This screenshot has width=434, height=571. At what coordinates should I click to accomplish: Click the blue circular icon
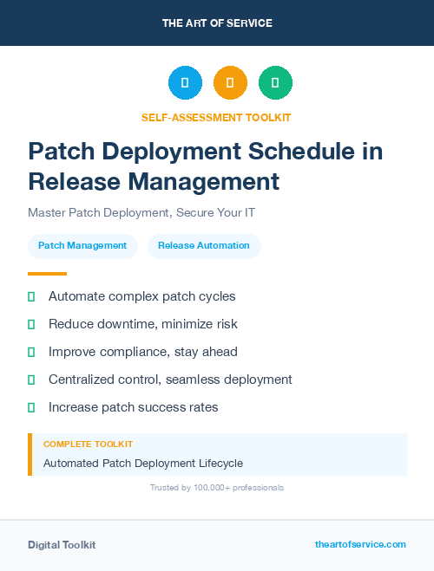coord(185,83)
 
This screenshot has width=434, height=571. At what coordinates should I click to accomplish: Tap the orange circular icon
coord(230,83)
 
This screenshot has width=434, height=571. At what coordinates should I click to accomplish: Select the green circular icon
coord(275,83)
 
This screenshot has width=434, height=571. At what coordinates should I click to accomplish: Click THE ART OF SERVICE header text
coord(217,23)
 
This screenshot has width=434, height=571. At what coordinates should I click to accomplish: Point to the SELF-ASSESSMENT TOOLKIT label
coord(217,117)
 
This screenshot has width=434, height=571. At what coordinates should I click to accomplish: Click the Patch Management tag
coord(82,246)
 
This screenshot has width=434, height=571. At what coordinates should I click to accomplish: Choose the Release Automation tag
coord(204,246)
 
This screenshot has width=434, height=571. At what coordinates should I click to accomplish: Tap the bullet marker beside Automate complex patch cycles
coord(31,296)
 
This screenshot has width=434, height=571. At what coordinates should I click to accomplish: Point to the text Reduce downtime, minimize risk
coord(143,324)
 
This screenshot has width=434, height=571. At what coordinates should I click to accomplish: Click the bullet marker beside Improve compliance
coord(31,352)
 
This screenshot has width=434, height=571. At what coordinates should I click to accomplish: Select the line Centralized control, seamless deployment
coord(170,380)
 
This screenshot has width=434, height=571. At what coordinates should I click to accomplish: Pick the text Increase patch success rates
coord(134,407)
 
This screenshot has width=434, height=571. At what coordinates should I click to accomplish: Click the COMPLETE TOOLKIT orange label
coord(88,444)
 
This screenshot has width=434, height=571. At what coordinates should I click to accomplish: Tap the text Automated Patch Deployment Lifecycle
coord(143,464)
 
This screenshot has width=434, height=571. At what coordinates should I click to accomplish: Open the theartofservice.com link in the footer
coord(360,544)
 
